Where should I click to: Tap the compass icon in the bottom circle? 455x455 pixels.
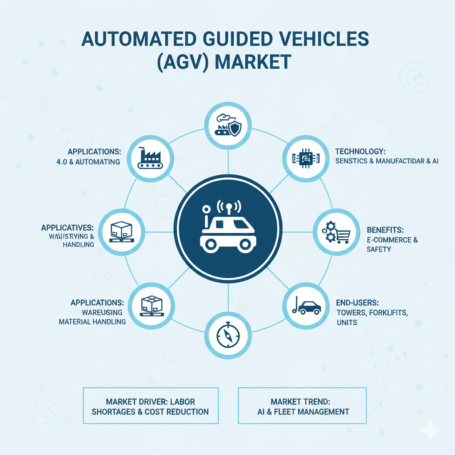click(x=227, y=336)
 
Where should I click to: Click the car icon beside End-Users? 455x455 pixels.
click(x=309, y=307)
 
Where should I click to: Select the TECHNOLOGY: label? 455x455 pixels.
click(x=360, y=152)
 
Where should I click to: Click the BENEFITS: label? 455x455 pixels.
click(x=385, y=230)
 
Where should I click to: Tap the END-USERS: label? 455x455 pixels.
click(x=357, y=303)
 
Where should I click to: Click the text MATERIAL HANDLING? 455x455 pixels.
click(x=92, y=321)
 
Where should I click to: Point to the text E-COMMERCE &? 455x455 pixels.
click(x=392, y=240)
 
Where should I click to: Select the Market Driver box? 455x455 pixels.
click(x=151, y=405)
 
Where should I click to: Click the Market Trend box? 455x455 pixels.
click(x=303, y=405)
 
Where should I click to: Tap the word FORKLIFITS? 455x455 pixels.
click(x=389, y=312)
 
